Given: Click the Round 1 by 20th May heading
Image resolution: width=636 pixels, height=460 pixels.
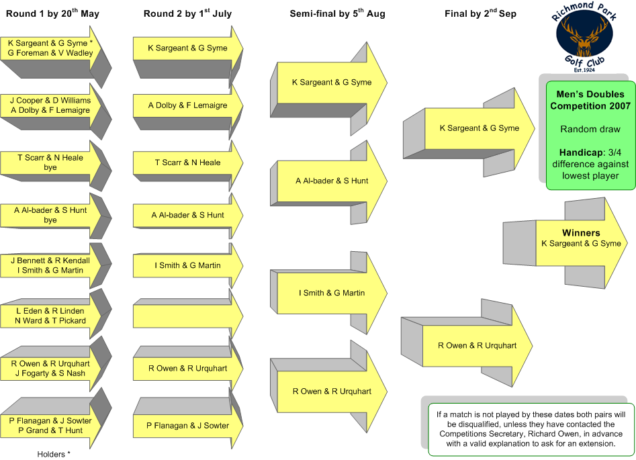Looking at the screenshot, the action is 52,13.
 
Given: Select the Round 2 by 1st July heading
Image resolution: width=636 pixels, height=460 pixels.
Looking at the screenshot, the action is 187,13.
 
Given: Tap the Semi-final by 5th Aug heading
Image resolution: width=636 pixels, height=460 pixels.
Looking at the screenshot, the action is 337,13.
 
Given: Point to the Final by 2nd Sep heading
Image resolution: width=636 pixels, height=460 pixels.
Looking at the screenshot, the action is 480,13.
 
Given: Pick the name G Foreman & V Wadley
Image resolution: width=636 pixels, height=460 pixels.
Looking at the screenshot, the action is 50,53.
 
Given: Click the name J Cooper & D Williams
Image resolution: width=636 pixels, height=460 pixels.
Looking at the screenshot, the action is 50,100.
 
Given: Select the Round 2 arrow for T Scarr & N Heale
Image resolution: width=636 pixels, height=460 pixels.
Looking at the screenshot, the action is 188,163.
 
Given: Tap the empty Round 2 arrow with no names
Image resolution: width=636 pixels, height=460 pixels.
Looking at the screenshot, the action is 188,316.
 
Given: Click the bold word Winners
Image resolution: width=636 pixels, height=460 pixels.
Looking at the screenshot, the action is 581,233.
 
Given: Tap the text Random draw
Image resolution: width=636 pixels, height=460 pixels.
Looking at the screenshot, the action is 590,129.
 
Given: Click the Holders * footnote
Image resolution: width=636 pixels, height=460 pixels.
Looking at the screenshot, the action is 54,455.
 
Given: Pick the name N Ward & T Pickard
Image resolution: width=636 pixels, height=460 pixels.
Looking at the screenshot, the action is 50,320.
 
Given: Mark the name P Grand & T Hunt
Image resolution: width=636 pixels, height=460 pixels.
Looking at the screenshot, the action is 50,430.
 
